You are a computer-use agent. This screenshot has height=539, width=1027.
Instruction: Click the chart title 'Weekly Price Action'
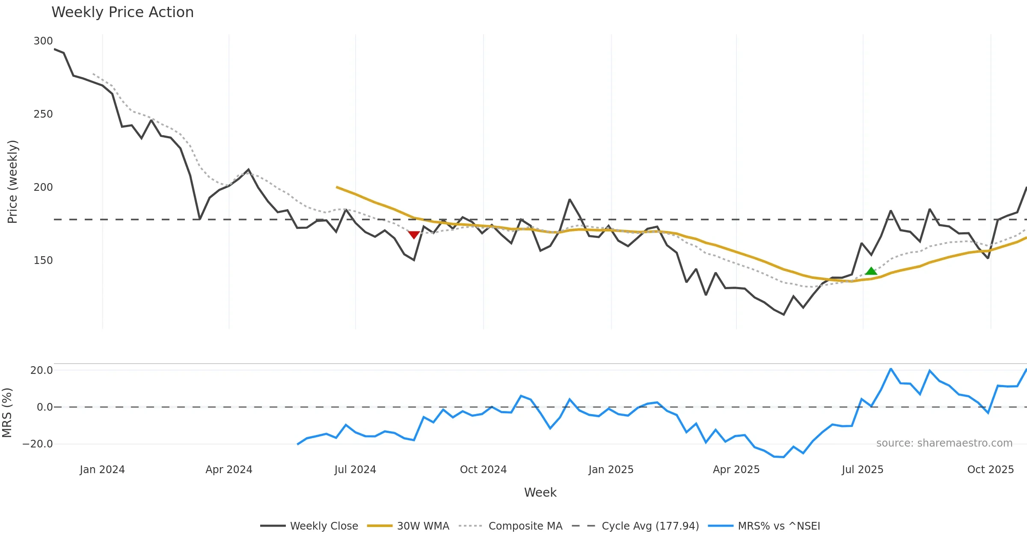[122, 12]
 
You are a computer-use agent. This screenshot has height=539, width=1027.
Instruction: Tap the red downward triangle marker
[414, 234]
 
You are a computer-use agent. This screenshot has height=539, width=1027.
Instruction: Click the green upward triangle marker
[871, 271]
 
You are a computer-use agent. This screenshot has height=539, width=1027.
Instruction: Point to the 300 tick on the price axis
[43, 41]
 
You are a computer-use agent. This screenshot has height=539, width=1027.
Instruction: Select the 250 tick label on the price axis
[43, 114]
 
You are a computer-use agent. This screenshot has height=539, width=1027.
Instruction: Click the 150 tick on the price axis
[43, 261]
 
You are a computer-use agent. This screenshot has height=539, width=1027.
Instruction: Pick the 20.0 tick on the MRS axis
[42, 370]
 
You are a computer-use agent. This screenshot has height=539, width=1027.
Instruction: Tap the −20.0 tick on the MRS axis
[38, 444]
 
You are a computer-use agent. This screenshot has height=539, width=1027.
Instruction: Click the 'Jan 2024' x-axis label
[102, 470]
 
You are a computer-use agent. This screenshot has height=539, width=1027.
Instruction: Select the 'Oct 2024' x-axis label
[483, 470]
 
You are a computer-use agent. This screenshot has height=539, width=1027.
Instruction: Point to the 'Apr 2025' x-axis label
[736, 470]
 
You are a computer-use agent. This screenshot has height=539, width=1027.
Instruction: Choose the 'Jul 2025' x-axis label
[862, 470]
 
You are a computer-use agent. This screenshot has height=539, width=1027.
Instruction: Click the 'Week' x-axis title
[540, 493]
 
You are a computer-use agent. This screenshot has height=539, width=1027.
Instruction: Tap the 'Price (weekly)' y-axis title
[12, 182]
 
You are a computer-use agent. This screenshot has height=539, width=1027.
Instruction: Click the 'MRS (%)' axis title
[7, 413]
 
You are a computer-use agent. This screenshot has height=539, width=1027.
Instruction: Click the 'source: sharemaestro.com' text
[944, 443]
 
